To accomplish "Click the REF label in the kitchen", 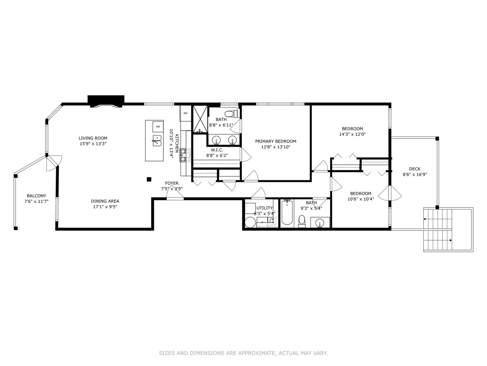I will pyautogui.click(x=185, y=113).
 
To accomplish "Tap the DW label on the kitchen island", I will pyautogui.click(x=158, y=126).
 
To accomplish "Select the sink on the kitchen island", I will pyautogui.click(x=157, y=140).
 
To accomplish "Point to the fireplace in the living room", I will pyautogui.click(x=106, y=101).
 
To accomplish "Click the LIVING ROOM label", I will pyautogui.click(x=93, y=138).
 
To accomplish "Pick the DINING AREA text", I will pyautogui.click(x=105, y=201).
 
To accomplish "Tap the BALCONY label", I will pyautogui.click(x=37, y=196).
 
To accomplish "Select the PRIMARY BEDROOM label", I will pyautogui.click(x=276, y=141).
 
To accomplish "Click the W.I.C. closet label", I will pyautogui.click(x=217, y=150).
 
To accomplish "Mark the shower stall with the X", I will pyautogui.click(x=200, y=120).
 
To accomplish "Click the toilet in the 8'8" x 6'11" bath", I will pyautogui.click(x=231, y=113).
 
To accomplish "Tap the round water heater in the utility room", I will pyautogui.click(x=250, y=223).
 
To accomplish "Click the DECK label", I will pyautogui.click(x=415, y=169).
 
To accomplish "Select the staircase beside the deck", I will pyautogui.click(x=438, y=230).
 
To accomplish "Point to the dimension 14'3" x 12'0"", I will pyautogui.click(x=352, y=134).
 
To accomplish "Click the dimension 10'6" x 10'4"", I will pyautogui.click(x=361, y=199).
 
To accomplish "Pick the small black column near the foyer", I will pyautogui.click(x=149, y=179).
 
